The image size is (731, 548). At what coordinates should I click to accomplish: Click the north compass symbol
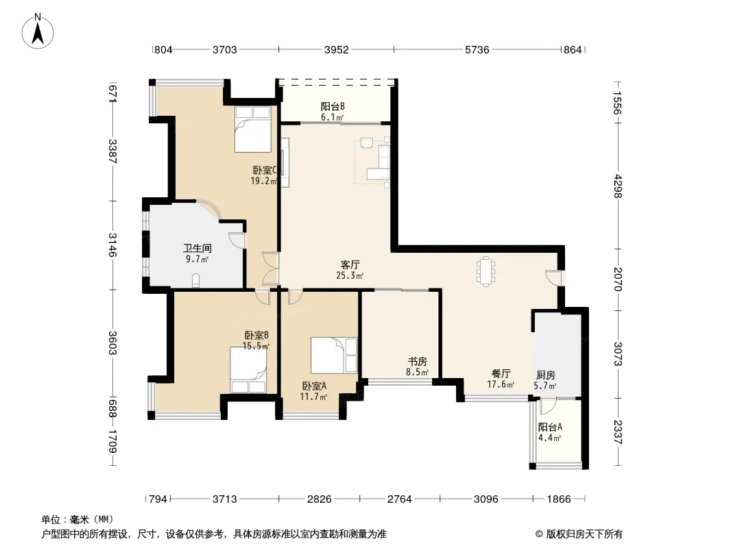coord(38,32)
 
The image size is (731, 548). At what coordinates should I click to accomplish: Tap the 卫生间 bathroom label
coord(197,248)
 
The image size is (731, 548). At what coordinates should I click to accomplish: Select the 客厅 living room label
coord(350,265)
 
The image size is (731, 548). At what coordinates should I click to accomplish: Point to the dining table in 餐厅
coord(486,271)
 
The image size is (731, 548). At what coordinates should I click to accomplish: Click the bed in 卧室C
coord(252,129)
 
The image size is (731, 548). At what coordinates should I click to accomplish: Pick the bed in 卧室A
coord(334,355)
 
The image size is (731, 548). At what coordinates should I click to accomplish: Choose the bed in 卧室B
coord(248,370)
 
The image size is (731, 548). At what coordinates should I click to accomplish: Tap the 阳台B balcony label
coord(333,107)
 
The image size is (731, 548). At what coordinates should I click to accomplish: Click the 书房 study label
coord(417,361)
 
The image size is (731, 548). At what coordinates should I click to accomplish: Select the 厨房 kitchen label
coord(545,375)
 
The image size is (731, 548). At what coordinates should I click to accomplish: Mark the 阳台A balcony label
coord(550,427)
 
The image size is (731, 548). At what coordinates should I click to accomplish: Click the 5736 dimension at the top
coord(477,50)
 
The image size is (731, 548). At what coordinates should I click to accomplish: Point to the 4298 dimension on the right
coord(618,186)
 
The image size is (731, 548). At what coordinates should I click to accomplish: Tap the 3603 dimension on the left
coord(112,342)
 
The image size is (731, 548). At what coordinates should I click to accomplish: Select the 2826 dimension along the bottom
coord(320,499)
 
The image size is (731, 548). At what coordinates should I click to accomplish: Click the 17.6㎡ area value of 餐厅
coord(501,384)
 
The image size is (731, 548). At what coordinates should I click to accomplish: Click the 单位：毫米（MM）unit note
coord(77,520)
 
